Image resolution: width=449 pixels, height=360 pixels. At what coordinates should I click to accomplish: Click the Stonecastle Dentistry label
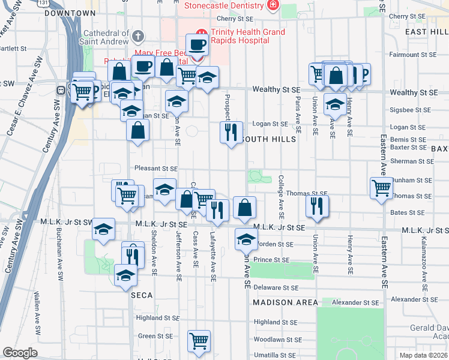pos(223,5)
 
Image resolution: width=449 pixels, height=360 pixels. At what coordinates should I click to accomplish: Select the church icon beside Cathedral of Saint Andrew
pos(138,36)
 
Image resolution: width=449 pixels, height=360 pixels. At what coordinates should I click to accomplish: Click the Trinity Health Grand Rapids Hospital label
pos(239,36)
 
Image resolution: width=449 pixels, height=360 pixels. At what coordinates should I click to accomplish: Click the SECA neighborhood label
pos(142,295)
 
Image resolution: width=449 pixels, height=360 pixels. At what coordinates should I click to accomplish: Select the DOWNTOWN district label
pos(70,13)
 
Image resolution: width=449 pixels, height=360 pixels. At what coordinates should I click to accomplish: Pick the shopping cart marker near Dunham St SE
pos(381,188)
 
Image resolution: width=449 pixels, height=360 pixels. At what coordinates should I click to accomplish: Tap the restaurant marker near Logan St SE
pos(231,131)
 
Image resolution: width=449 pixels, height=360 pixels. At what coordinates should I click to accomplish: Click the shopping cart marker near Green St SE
pos(199,341)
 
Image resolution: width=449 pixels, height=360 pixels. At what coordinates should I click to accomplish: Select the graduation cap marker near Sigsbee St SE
pos(335,104)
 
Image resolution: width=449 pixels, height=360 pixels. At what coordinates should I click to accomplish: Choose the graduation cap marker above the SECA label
pos(125,274)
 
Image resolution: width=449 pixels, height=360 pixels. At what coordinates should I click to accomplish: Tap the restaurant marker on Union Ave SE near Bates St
pos(316,206)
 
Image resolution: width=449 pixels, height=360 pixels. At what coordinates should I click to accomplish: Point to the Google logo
pos(20,353)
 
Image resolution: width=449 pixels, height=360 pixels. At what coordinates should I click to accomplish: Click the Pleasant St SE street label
pos(156,169)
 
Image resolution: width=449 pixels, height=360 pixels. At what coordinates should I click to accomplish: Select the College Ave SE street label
pos(281,197)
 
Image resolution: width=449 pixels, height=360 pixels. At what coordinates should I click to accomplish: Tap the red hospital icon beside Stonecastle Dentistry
pos(273,5)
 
